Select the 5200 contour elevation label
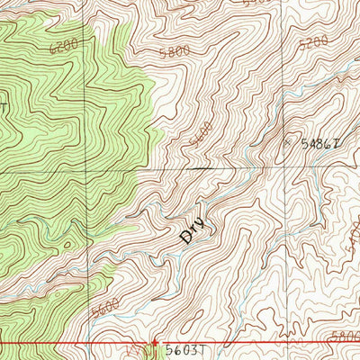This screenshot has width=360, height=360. tap(311, 42)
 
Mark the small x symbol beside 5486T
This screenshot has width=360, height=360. tap(289, 141)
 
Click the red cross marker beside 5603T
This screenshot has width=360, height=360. tap(155, 343)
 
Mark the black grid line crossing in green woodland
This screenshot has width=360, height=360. tap(88, 170)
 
